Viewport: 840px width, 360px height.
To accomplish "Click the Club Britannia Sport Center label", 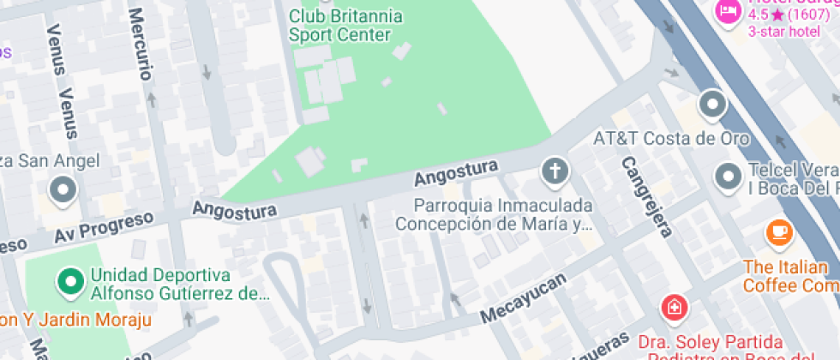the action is [x=339, y=26].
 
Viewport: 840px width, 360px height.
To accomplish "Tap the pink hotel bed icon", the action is [x=728, y=11].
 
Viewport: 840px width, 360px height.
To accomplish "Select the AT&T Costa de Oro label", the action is [x=671, y=138].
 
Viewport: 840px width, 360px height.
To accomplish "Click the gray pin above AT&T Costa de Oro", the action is [x=712, y=106].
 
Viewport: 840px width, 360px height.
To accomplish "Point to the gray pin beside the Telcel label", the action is [x=729, y=177].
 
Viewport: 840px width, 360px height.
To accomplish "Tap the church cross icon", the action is [x=555, y=171].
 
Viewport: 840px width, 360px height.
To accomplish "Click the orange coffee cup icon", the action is [x=779, y=231].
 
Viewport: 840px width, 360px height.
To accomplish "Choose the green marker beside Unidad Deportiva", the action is [x=69, y=280].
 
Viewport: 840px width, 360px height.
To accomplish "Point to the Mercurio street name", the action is [x=142, y=44].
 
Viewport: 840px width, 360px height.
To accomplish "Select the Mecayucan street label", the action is [x=524, y=299].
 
